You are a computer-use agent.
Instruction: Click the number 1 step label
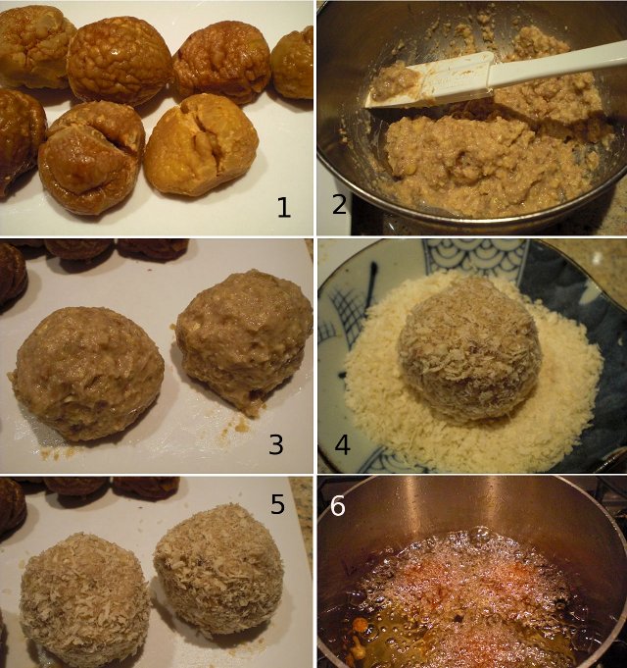click(284, 208)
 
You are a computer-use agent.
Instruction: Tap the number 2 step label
click(339, 204)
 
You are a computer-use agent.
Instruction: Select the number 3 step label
click(275, 444)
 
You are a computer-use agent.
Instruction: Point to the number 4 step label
click(342, 444)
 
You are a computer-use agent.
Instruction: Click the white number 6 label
click(337, 506)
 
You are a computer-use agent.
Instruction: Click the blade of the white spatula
click(430, 82)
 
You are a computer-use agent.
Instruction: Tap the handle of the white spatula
click(557, 63)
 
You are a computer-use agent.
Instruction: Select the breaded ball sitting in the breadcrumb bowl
click(469, 347)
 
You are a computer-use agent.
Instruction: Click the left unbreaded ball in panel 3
click(87, 373)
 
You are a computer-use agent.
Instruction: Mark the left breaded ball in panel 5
click(84, 600)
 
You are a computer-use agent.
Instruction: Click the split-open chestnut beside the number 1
click(202, 144)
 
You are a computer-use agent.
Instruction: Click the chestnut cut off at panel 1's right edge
click(294, 63)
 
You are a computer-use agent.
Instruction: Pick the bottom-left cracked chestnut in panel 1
click(92, 158)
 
